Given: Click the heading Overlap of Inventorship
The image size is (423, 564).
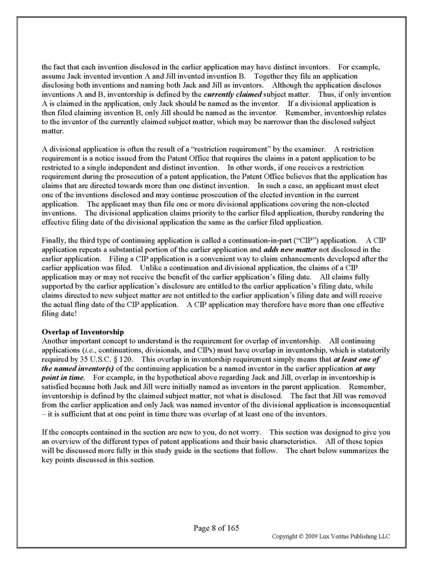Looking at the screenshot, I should coord(82,332).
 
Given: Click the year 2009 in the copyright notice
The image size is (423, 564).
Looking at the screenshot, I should coord(312,537).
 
